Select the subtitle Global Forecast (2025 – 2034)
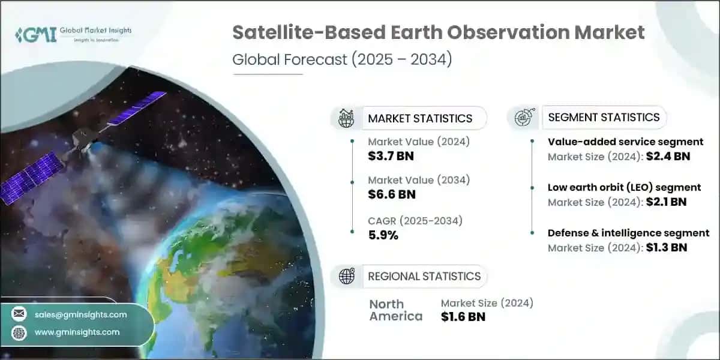pyautogui.click(x=342, y=61)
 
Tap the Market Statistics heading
pyautogui.click(x=420, y=118)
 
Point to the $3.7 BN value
pyautogui.click(x=391, y=157)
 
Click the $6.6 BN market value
pyautogui.click(x=391, y=194)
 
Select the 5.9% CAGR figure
pyautogui.click(x=383, y=235)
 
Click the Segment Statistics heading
pyautogui.click(x=604, y=117)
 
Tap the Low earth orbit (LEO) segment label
pyautogui.click(x=624, y=188)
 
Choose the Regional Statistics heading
pyautogui.click(x=424, y=276)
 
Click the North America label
pyautogui.click(x=395, y=310)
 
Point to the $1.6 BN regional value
pyautogui.click(x=463, y=317)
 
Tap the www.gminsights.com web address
pyautogui.click(x=77, y=332)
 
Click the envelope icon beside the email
pyautogui.click(x=19, y=314)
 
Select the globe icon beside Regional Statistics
pyautogui.click(x=346, y=276)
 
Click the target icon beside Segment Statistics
pyautogui.click(x=522, y=117)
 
